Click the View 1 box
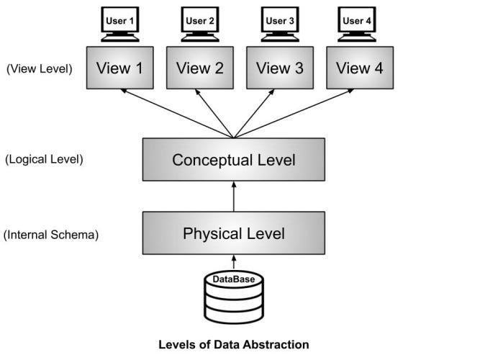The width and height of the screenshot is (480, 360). [120, 68]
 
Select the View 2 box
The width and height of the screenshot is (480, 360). [199, 68]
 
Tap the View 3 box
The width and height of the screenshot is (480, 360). [279, 68]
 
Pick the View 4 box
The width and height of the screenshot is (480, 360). [359, 68]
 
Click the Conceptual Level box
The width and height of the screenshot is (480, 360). [233, 160]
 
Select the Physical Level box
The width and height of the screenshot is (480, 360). [233, 233]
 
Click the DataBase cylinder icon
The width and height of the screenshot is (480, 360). [233, 297]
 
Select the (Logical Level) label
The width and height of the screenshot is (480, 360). [43, 159]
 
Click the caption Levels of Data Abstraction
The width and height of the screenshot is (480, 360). [233, 344]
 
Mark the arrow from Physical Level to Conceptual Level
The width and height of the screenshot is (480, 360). [233, 197]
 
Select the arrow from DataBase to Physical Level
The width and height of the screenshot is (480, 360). [233, 262]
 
